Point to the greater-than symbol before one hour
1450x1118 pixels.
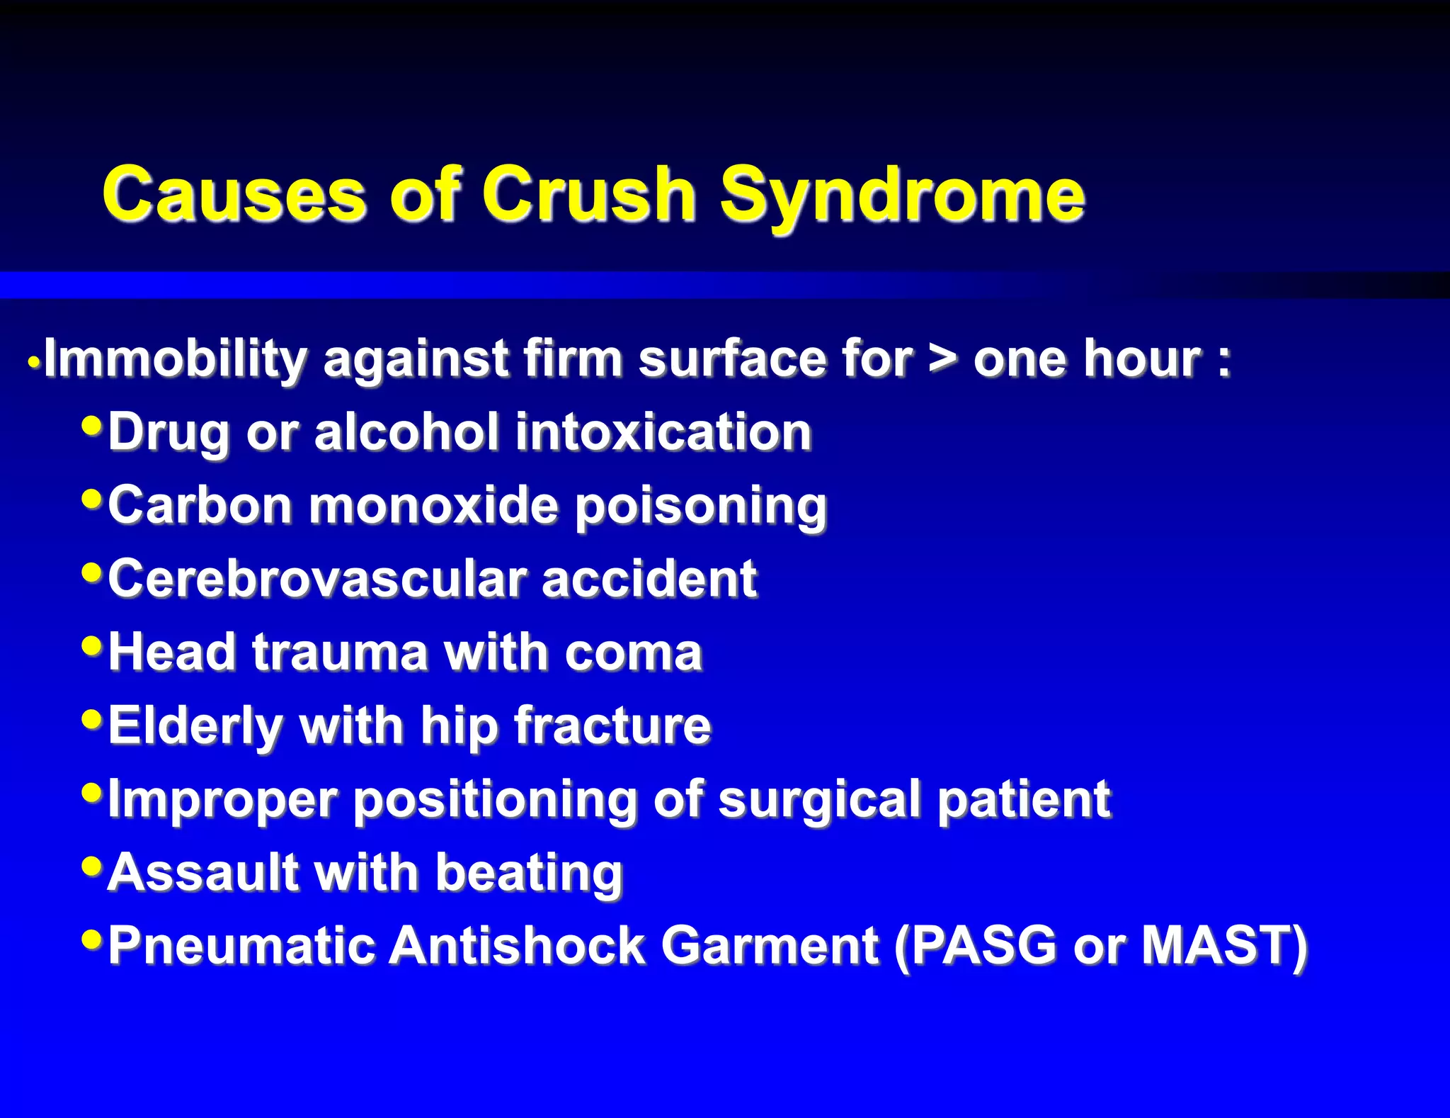[x=942, y=359]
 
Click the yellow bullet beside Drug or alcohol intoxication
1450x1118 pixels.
[x=92, y=426]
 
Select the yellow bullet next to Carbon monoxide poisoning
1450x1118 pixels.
[x=92, y=499]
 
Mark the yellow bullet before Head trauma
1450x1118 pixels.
[x=92, y=645]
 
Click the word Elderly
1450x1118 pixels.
[x=195, y=726]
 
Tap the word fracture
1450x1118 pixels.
[x=612, y=726]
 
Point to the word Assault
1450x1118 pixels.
[x=203, y=873]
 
